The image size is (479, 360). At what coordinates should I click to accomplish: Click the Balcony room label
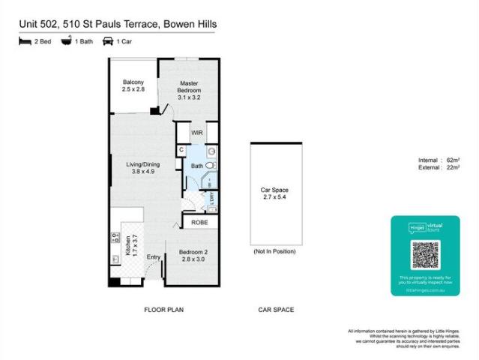tap(133, 85)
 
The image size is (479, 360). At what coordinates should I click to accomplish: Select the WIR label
tap(197, 133)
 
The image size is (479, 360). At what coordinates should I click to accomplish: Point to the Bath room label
tap(196, 166)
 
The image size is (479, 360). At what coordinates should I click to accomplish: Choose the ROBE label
tap(199, 223)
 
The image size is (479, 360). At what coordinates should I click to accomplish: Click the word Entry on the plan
tap(154, 258)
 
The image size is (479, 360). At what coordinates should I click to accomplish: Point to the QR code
tap(424, 256)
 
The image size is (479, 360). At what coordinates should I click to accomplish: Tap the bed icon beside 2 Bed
tap(25, 42)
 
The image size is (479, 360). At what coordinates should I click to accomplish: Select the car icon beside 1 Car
tap(107, 42)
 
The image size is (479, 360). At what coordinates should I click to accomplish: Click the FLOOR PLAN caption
tap(163, 310)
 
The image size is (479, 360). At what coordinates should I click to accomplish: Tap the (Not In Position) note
tap(275, 250)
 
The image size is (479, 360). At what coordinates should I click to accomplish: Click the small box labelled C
tap(181, 150)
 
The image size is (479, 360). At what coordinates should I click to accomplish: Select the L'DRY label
tap(212, 199)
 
